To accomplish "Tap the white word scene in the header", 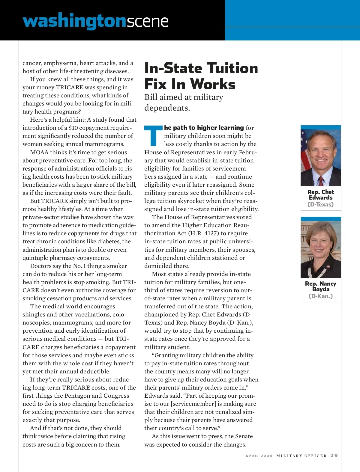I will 147,22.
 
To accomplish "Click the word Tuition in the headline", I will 232,68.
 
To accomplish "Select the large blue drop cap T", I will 153,135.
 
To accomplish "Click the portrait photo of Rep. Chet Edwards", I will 320,156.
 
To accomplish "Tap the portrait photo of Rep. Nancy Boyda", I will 320,248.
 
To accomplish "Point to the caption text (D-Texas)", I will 320,205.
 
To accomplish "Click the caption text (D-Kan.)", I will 320,296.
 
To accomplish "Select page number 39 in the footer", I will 334,456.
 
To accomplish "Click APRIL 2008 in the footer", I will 259,456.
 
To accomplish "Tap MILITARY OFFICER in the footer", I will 301,456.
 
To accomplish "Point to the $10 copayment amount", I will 73,128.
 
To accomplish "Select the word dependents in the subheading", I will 167,108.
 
